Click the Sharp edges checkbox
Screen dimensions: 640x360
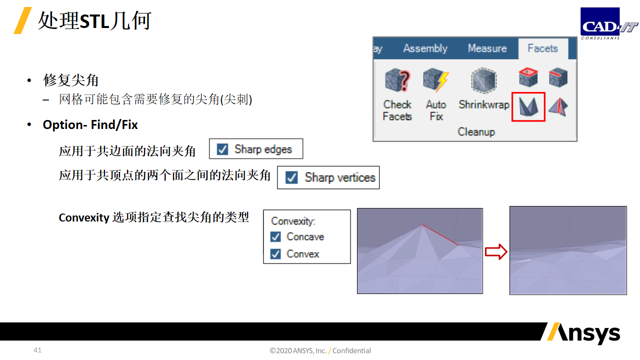222,149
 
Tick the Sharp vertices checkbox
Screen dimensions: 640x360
291,177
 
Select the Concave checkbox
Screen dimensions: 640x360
275,236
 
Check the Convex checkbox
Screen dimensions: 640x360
275,253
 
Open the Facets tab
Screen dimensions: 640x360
542,48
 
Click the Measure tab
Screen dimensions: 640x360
487,48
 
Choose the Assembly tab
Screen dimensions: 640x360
425,48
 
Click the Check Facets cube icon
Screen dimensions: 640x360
397,80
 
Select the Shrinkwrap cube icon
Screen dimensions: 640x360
483,80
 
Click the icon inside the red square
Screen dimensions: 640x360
528,107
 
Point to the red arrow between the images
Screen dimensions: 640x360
496,251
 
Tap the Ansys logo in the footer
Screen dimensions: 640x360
583,333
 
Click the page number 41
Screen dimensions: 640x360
37,350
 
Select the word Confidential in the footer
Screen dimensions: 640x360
351,350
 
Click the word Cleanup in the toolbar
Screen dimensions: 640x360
476,132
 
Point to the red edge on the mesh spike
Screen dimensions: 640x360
440,235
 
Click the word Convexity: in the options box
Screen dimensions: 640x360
293,221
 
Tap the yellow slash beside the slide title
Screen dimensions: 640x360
22,20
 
